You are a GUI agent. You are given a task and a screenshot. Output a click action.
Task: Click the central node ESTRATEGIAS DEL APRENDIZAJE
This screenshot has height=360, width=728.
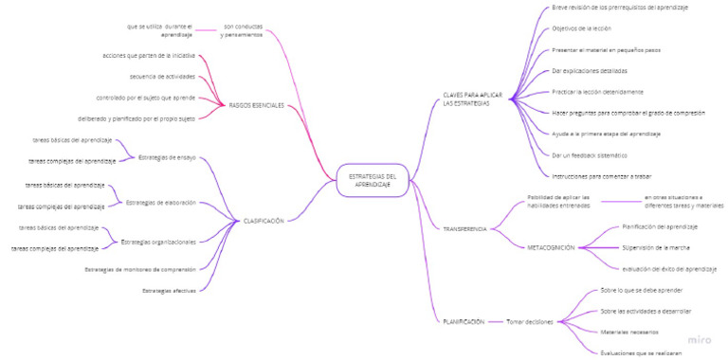[372, 180]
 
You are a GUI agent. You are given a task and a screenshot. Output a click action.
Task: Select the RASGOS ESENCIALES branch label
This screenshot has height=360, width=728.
[256, 105]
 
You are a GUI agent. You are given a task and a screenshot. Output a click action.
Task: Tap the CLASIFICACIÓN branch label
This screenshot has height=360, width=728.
[264, 221]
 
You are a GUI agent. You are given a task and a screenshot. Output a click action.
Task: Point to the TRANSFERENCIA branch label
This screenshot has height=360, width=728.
[464, 229]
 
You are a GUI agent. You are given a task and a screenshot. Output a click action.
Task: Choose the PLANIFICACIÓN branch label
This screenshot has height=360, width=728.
[464, 322]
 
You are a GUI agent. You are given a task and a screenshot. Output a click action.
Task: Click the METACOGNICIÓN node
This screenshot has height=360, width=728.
[551, 247]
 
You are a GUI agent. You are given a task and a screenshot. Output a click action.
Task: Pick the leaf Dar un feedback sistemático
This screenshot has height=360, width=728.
[589, 155]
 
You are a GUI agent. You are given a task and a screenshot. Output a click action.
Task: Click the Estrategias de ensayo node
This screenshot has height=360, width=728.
[167, 157]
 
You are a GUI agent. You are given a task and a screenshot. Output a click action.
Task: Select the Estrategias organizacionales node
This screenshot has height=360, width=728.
[158, 242]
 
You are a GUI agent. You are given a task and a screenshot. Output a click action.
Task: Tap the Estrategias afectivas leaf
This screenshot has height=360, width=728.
[169, 290]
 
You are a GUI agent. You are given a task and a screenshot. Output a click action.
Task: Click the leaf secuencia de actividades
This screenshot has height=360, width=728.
[162, 77]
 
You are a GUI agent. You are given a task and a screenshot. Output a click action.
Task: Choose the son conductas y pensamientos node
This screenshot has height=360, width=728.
[243, 30]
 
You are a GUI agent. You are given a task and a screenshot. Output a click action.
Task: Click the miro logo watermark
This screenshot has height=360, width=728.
[699, 338]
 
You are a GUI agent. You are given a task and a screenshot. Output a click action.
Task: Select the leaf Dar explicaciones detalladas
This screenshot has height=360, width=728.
[589, 71]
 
